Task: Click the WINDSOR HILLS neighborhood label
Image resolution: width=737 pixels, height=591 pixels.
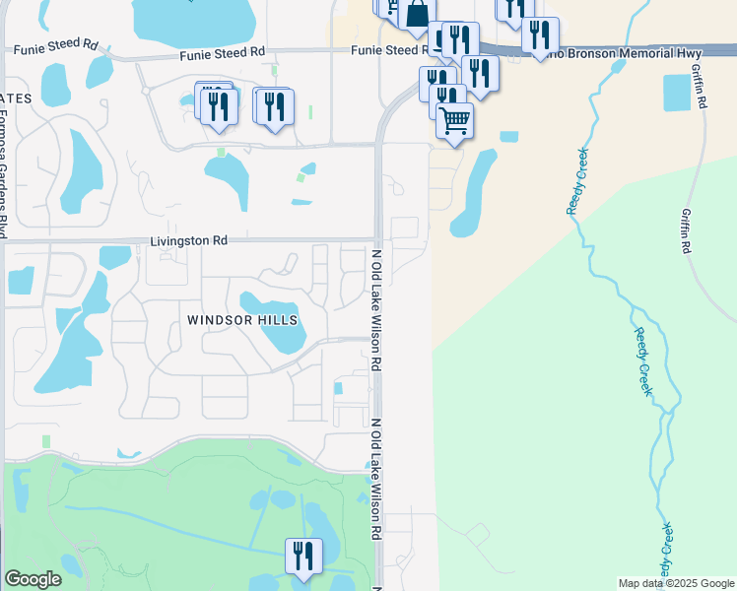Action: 241,320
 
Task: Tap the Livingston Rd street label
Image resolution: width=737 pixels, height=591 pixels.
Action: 189,240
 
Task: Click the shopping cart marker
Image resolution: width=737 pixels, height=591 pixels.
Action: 455,121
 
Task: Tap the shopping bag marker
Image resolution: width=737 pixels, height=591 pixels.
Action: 417,14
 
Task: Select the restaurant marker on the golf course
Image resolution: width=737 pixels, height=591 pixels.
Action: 303,555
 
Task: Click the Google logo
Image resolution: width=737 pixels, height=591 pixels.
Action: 33,579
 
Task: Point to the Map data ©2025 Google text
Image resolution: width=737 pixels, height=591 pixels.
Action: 676,583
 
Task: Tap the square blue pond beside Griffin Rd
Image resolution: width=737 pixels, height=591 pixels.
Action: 678,93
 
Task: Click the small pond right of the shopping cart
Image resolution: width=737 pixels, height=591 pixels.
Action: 508,136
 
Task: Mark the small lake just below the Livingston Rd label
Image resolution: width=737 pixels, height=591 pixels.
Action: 115,257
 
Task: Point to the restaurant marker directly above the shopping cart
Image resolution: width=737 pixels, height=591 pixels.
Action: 447,98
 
